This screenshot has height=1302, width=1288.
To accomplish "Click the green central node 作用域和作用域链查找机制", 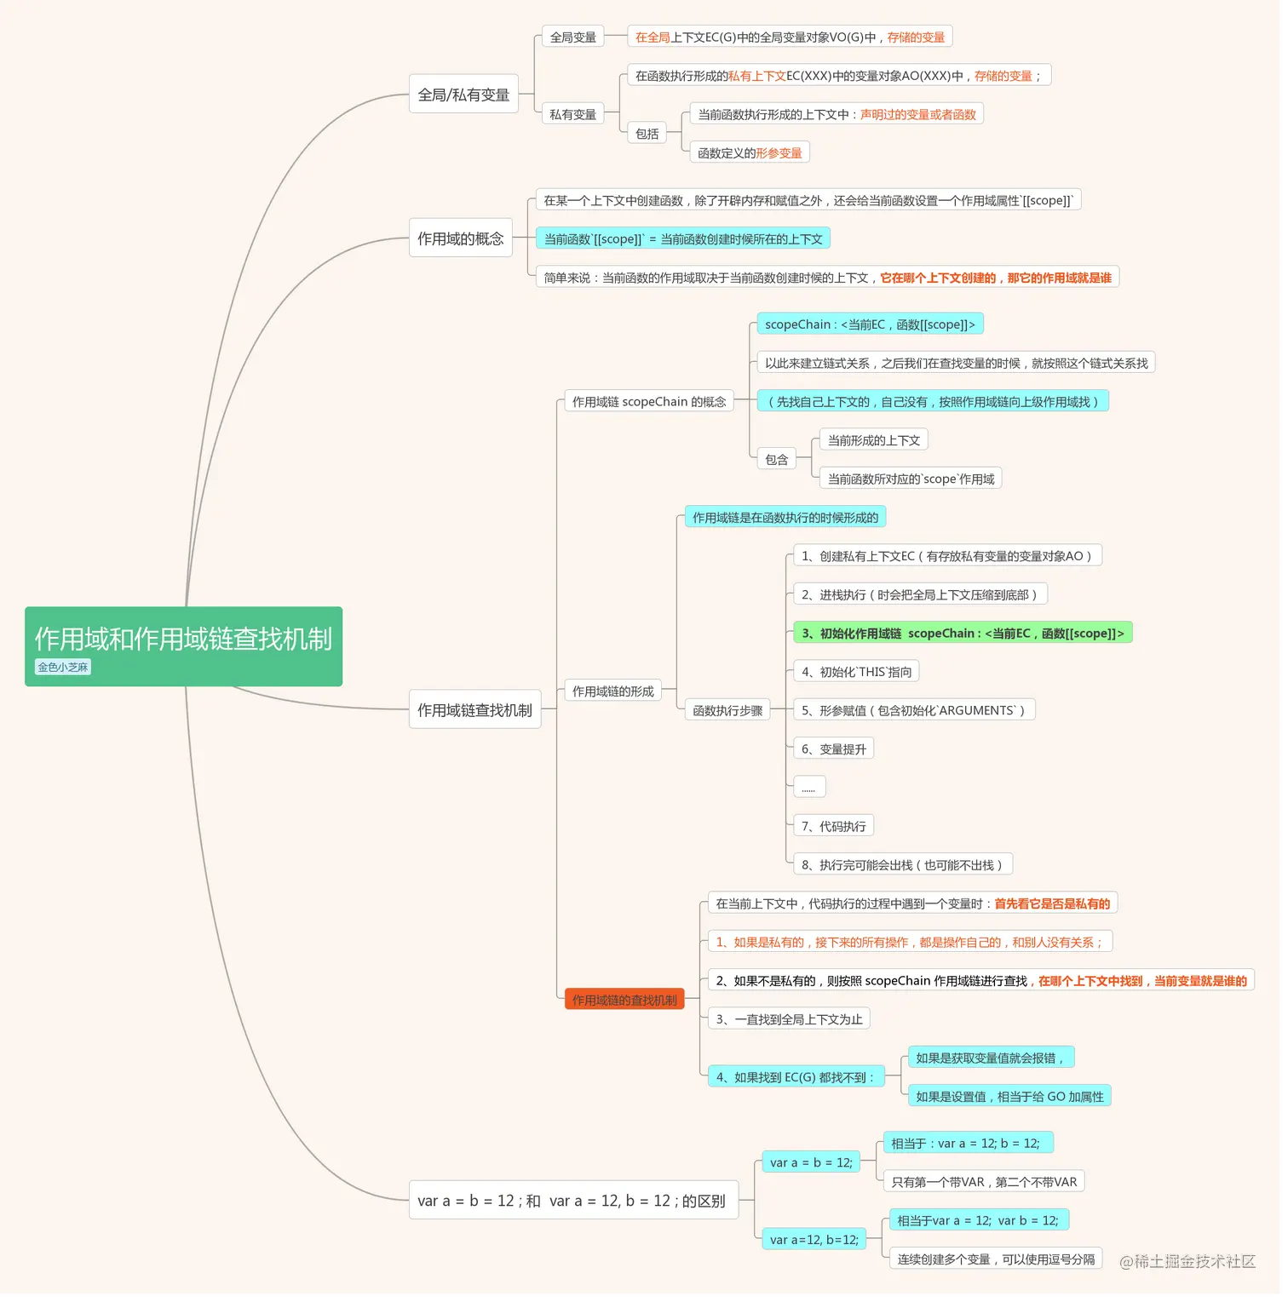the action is [x=183, y=646].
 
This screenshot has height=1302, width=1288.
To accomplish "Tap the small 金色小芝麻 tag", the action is [x=63, y=667].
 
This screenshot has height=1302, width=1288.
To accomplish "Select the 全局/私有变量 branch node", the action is [x=463, y=95].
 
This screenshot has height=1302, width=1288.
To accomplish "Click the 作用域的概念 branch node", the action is [x=461, y=238].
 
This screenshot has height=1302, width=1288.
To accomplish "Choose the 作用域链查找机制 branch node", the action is [x=474, y=709].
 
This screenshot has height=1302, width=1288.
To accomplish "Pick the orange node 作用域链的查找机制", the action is [x=624, y=1000].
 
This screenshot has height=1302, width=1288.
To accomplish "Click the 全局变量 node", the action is [x=572, y=37].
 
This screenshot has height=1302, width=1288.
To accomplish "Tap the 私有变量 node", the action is [x=572, y=114].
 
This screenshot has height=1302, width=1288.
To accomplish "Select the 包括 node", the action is [x=647, y=133].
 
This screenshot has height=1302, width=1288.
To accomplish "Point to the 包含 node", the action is [x=776, y=459].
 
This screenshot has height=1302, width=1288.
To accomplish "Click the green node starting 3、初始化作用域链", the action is [x=963, y=633].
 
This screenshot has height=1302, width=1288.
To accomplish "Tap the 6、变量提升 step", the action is [x=833, y=749].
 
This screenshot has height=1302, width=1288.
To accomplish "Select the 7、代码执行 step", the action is [x=833, y=826].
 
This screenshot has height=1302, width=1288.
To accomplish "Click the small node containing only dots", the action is [x=809, y=787].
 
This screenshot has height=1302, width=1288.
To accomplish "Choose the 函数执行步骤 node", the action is [x=727, y=709].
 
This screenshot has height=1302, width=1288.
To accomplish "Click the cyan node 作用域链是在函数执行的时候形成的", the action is [x=785, y=517].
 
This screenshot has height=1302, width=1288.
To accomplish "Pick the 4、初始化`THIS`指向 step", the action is [x=856, y=671].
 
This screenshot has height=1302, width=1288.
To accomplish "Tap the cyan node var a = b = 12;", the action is [x=811, y=1161].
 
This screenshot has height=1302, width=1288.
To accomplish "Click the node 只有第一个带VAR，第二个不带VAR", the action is [x=984, y=1181].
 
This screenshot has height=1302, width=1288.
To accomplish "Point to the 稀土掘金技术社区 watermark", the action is [x=1187, y=1261].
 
